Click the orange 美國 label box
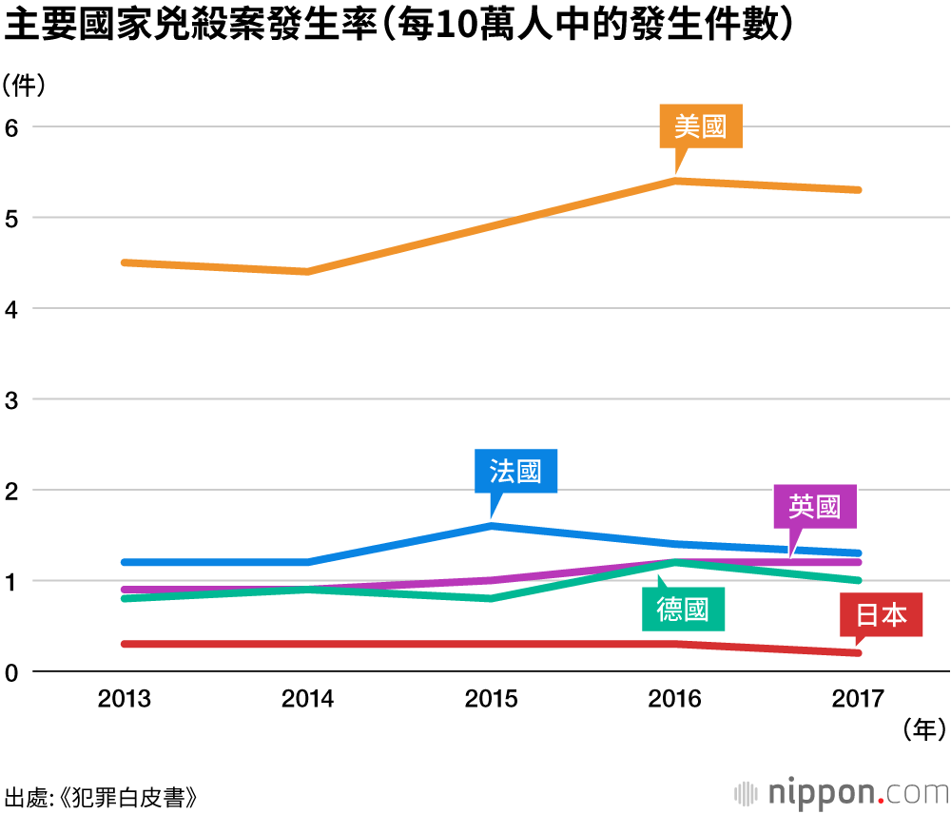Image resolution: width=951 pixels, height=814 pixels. coord(701,126)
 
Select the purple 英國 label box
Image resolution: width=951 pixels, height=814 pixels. coord(816,507)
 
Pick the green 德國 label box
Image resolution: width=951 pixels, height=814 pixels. coord(683,609)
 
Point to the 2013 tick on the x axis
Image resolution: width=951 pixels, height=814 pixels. coord(125,700)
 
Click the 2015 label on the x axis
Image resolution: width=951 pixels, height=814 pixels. coord(491,700)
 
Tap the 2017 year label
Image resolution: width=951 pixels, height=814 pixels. coord(858,700)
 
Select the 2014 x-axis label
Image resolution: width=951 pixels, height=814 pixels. coord(308,700)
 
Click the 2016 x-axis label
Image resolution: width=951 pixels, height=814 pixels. coord(674,700)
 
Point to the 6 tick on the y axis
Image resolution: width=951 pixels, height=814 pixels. coord(13,127)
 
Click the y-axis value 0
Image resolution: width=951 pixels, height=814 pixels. coord(13,672)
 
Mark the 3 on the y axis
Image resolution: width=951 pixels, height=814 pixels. coord(13,399)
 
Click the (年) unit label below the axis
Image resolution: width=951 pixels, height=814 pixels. coord(923,730)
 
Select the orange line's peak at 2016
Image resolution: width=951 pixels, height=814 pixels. coord(674,180)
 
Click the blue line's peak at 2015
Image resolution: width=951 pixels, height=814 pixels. coord(491,525)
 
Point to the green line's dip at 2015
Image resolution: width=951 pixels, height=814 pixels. coord(491,598)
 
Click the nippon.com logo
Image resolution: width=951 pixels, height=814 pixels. coord(842,791)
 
